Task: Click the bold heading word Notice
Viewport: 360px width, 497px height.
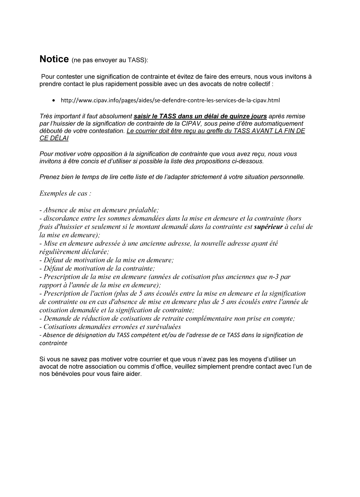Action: [54, 59]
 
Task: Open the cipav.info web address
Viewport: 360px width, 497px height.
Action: [170, 100]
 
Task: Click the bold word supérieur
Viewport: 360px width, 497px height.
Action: [268, 227]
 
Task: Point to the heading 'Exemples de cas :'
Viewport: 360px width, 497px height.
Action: [65, 194]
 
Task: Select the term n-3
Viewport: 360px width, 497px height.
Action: [274, 277]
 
